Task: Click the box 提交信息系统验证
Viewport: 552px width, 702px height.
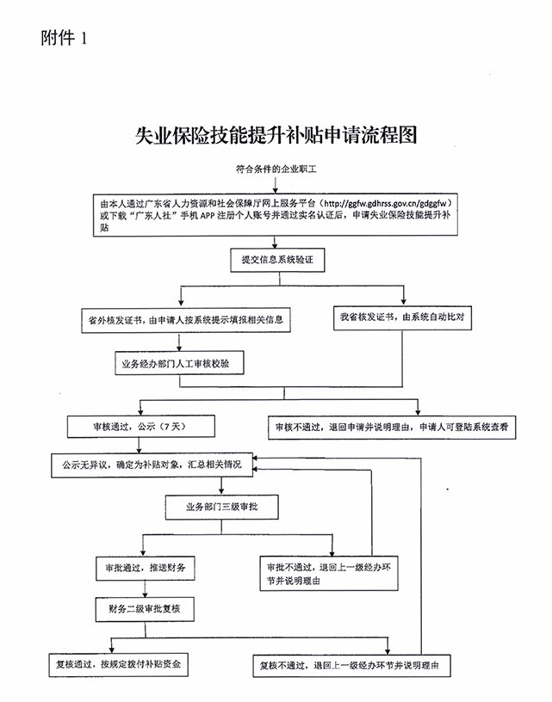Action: (277, 259)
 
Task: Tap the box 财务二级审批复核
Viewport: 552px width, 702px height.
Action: (148, 610)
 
